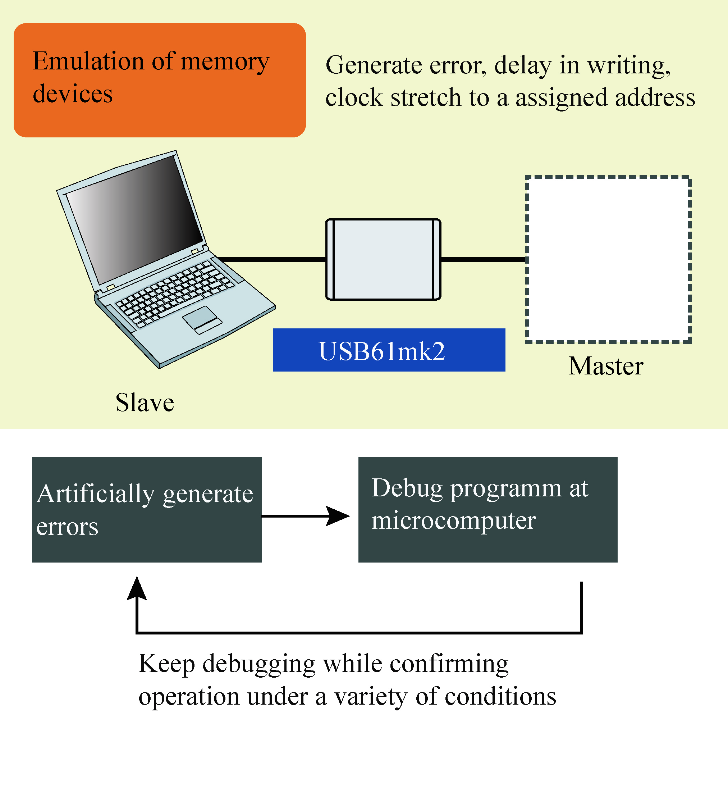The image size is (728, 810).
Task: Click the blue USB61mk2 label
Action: pyautogui.click(x=388, y=350)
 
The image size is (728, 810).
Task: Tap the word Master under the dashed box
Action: pyautogui.click(x=606, y=366)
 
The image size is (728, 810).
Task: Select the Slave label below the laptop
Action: pyautogui.click(x=145, y=402)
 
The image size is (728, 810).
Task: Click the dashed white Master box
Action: pyautogui.click(x=608, y=259)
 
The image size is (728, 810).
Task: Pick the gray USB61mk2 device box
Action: pyautogui.click(x=383, y=259)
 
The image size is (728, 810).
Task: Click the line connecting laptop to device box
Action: pyautogui.click(x=272, y=259)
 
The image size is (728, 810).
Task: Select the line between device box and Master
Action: pyautogui.click(x=483, y=259)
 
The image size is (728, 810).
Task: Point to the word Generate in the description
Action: pyautogui.click(x=373, y=65)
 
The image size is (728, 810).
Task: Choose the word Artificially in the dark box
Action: pyautogui.click(x=96, y=494)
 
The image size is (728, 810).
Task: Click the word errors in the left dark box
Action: pyautogui.click(x=67, y=527)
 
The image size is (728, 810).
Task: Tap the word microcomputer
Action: pyautogui.click(x=453, y=521)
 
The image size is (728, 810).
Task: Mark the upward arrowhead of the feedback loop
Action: pyautogui.click(x=137, y=589)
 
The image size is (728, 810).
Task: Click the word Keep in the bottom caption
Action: pyautogui.click(x=166, y=664)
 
